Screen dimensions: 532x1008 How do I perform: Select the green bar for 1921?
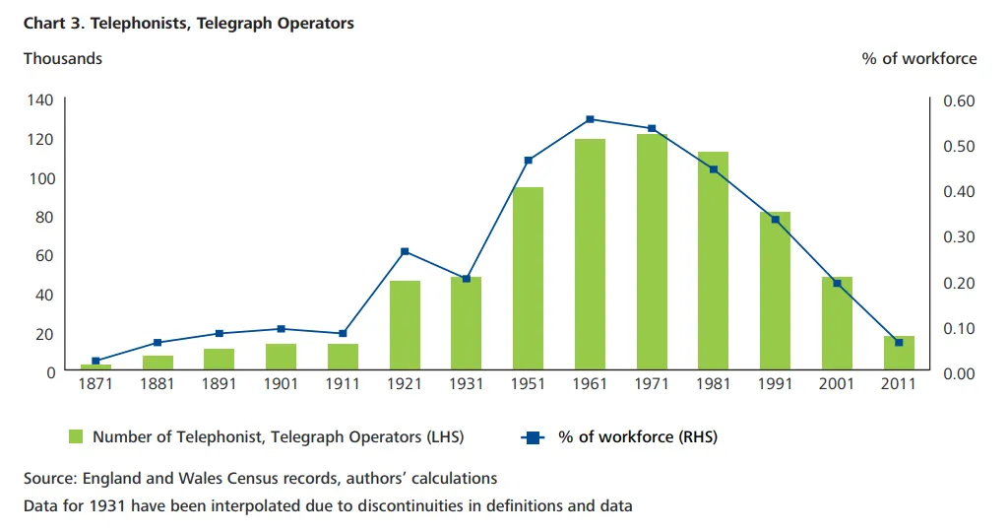tap(405, 326)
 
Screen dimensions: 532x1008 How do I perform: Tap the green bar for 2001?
tap(837, 324)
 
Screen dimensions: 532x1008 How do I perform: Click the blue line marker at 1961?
tap(590, 119)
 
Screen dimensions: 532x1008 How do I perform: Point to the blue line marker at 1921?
tap(405, 251)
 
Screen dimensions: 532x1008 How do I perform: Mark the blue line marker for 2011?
tap(899, 342)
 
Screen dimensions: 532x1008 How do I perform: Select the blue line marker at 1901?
tap(281, 328)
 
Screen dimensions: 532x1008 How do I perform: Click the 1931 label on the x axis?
tap(467, 384)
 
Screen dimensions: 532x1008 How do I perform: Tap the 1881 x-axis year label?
tap(157, 384)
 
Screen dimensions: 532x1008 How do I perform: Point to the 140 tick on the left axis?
tap(44, 100)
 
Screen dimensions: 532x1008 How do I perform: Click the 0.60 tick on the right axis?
tap(958, 100)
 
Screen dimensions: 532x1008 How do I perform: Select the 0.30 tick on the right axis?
tap(958, 237)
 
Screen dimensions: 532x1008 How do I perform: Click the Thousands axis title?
tap(63, 58)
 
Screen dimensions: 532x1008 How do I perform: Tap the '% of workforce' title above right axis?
tap(919, 58)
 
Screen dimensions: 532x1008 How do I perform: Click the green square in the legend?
tap(75, 436)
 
